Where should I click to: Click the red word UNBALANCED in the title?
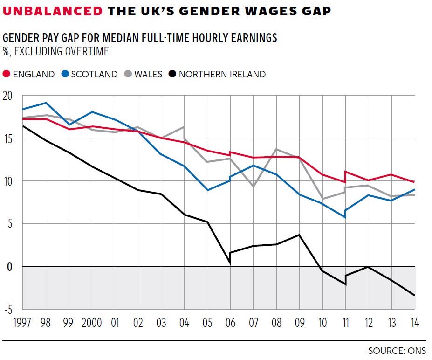pos(53,12)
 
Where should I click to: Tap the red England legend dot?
pos(7,74)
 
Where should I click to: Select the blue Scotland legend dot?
pos(65,74)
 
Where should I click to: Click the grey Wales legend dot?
pos(128,74)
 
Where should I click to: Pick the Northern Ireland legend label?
pos(222,74)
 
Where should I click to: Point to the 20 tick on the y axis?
pos(8,96)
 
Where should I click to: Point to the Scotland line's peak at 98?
pos(46,103)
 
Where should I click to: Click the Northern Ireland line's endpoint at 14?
pos(414,295)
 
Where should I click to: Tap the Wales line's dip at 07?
pos(253,187)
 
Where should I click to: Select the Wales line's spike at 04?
pos(184,127)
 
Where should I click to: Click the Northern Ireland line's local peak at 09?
pos(299,235)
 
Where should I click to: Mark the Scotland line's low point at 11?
pos(345,217)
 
